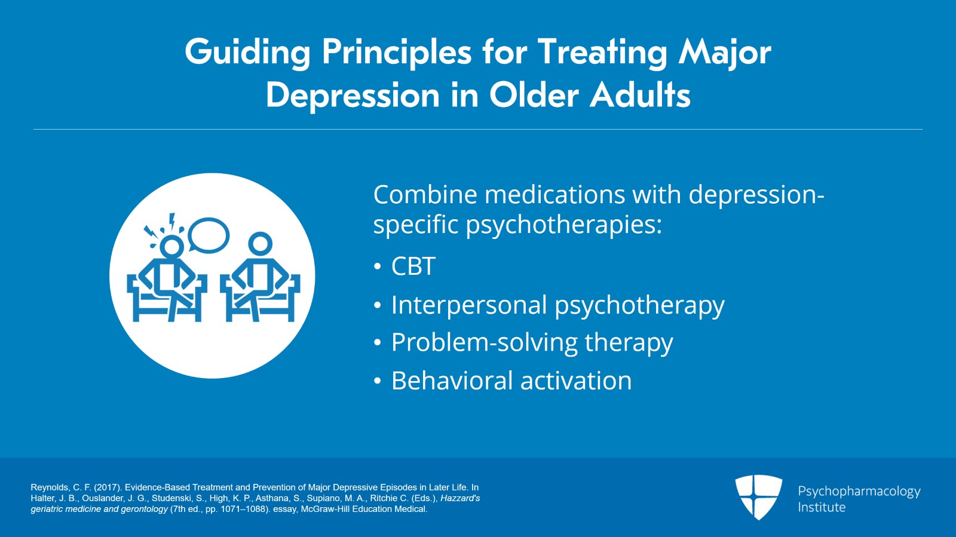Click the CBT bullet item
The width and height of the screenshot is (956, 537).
[413, 266]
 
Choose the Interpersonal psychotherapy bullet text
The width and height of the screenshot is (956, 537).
[557, 305]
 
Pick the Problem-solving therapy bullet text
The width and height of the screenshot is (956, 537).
[532, 343]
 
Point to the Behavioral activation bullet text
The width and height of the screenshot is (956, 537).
[511, 381]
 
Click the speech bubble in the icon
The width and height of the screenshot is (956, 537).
[209, 235]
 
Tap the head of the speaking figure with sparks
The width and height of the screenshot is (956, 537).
[171, 246]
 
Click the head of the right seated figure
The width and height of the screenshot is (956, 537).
[260, 243]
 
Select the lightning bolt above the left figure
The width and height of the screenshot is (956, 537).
[173, 222]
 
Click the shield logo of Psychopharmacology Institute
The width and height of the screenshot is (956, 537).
[758, 496]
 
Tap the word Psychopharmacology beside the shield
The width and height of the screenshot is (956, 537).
[859, 491]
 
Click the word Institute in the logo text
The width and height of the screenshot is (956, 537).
[822, 507]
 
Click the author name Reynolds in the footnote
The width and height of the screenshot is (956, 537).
[50, 487]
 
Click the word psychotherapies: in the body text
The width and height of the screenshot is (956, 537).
[563, 225]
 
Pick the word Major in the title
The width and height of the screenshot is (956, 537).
[724, 53]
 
